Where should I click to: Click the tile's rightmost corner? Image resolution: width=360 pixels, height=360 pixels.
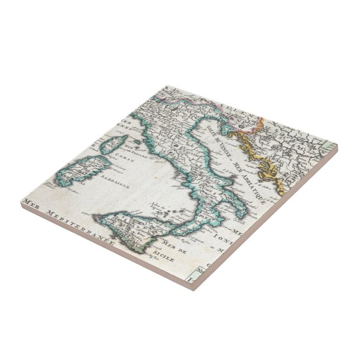tap(338, 146)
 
